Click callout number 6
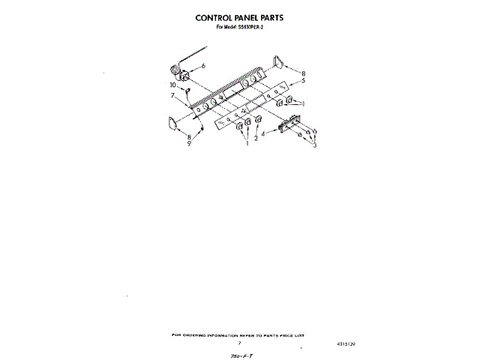(x=202, y=66)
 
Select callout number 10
(x=172, y=85)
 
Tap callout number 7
(x=172, y=96)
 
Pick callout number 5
(x=303, y=79)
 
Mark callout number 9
(x=189, y=143)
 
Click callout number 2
(x=256, y=138)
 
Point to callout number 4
(x=263, y=133)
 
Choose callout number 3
(x=315, y=145)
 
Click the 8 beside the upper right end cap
(x=303, y=72)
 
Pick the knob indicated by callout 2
(x=259, y=120)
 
